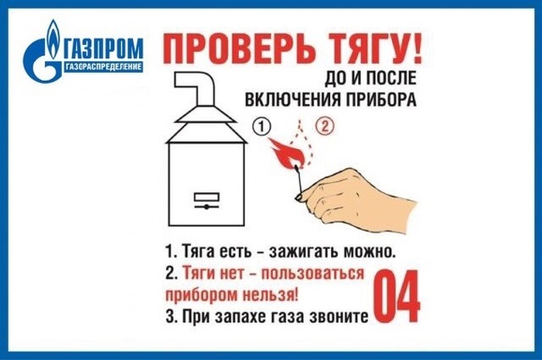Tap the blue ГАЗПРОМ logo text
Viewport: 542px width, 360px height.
(103, 48)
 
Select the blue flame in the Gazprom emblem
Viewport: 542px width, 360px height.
(53, 40)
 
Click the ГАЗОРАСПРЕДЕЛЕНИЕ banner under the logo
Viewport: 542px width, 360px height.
(103, 66)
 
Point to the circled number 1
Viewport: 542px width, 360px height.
(262, 127)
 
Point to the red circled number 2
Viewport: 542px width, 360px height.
(325, 127)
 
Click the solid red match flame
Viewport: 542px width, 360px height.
(286, 153)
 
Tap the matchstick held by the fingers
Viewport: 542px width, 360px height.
(299, 180)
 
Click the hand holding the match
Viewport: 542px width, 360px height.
(355, 200)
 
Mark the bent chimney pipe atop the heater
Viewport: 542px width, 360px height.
(195, 89)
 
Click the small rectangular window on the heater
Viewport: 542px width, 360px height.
(206, 198)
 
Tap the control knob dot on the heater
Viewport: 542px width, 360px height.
(206, 206)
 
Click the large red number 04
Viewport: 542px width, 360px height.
(398, 296)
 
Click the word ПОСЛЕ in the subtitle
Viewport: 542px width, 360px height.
(390, 78)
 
